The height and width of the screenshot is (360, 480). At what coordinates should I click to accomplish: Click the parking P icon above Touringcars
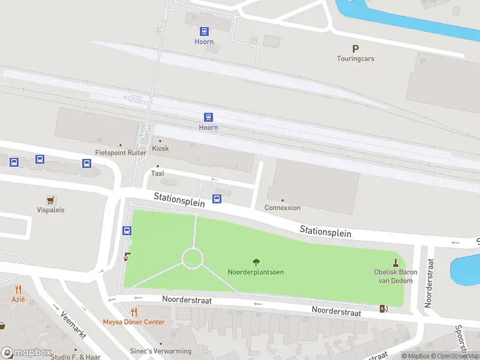pyautogui.click(x=355, y=49)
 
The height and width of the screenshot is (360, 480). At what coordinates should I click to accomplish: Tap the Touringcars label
pyautogui.click(x=355, y=59)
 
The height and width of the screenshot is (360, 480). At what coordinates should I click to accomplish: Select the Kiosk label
pyautogui.click(x=160, y=148)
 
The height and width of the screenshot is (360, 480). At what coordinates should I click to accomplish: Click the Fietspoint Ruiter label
pyautogui.click(x=121, y=153)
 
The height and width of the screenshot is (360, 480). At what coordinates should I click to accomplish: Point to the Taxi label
pyautogui.click(x=157, y=173)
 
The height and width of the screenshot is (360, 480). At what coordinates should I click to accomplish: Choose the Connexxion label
pyautogui.click(x=283, y=208)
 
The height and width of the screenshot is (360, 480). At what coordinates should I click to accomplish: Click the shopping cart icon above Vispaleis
pyautogui.click(x=50, y=200)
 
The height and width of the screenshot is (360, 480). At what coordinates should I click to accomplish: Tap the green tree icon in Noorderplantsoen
pyautogui.click(x=256, y=262)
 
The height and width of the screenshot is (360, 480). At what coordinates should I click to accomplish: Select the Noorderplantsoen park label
pyautogui.click(x=256, y=272)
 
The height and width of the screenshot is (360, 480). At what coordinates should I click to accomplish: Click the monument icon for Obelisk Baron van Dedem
pyautogui.click(x=395, y=262)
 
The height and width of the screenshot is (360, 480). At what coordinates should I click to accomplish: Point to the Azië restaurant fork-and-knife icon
pyautogui.click(x=18, y=289)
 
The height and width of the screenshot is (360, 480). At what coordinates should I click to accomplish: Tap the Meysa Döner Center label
pyautogui.click(x=133, y=322)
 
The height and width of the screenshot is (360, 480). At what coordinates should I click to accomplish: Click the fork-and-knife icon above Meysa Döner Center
pyautogui.click(x=134, y=312)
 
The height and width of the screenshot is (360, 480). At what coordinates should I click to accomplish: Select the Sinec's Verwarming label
pyautogui.click(x=161, y=351)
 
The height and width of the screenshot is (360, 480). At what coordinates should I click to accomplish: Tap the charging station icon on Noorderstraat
pyautogui.click(x=383, y=309)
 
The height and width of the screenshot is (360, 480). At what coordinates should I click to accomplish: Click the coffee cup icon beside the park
pyautogui.click(x=127, y=257)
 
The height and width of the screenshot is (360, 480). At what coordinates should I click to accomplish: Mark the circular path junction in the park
pyautogui.click(x=193, y=259)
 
